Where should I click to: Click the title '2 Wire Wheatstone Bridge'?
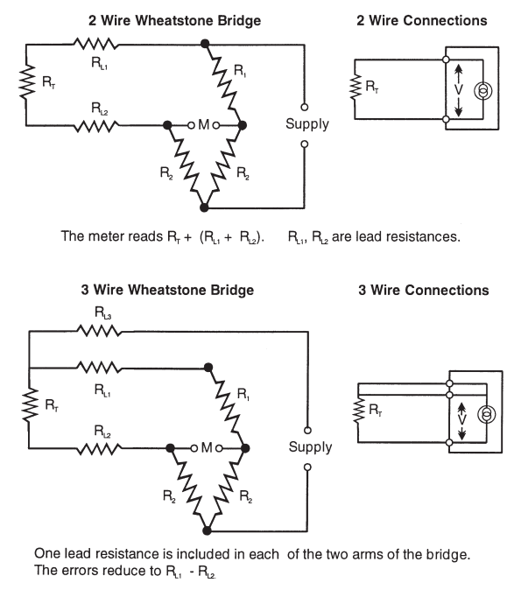point(175,20)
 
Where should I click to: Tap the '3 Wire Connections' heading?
point(424,290)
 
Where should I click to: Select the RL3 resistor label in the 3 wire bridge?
point(102,313)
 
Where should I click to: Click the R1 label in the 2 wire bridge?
point(240,70)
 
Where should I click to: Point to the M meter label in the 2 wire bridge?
point(204,124)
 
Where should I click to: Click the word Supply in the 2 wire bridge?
point(307,124)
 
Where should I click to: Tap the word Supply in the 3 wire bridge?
point(310,447)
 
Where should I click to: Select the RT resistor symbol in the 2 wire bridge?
point(26,82)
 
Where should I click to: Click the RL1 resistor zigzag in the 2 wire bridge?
point(95,44)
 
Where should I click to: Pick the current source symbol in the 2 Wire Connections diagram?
point(482,91)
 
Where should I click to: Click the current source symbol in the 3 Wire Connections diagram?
point(487,414)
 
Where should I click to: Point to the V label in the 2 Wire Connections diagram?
point(459,90)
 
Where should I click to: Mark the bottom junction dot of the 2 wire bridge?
point(204,207)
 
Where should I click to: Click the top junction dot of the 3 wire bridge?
point(208,368)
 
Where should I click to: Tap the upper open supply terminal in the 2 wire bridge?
point(304,107)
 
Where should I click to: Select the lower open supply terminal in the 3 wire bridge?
point(307,467)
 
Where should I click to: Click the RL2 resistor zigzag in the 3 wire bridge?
point(99,448)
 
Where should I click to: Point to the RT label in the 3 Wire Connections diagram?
point(376,410)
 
